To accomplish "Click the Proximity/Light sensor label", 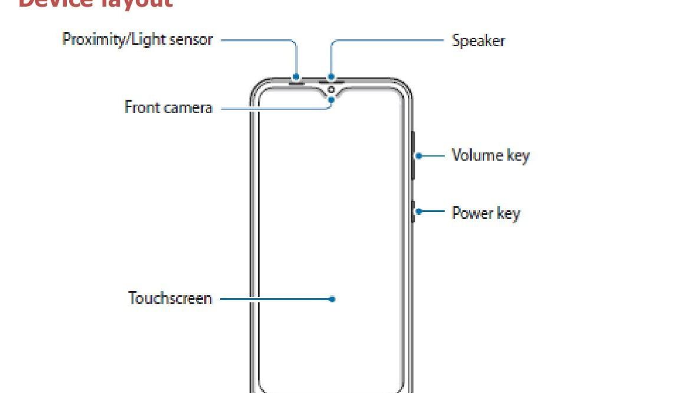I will click(x=137, y=40).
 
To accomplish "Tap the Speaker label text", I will click(x=478, y=41).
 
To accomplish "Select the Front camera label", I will click(x=168, y=107).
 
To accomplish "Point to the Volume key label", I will click(x=490, y=155).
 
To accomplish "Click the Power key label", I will click(x=486, y=213).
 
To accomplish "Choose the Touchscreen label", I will click(x=170, y=298).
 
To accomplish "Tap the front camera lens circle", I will click(x=331, y=90).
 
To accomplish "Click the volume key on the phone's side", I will click(x=413, y=155).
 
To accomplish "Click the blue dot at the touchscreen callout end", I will click(x=332, y=299).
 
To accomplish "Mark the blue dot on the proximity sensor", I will click(x=296, y=77).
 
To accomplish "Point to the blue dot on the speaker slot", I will click(x=331, y=77).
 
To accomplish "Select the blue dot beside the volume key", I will click(x=419, y=155).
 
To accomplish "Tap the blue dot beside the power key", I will click(x=419, y=211).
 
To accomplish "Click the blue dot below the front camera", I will click(x=332, y=100).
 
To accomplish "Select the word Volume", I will click(x=477, y=155).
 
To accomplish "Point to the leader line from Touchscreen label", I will click(x=275, y=299).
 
